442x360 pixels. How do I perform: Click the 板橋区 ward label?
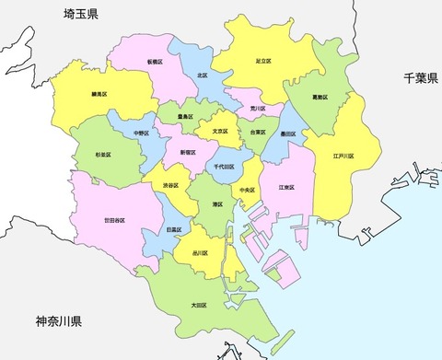[155, 62]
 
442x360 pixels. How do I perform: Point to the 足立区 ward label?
[263, 61]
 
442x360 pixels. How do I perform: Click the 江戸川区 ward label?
[343, 157]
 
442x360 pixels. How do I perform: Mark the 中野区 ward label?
[142, 132]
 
